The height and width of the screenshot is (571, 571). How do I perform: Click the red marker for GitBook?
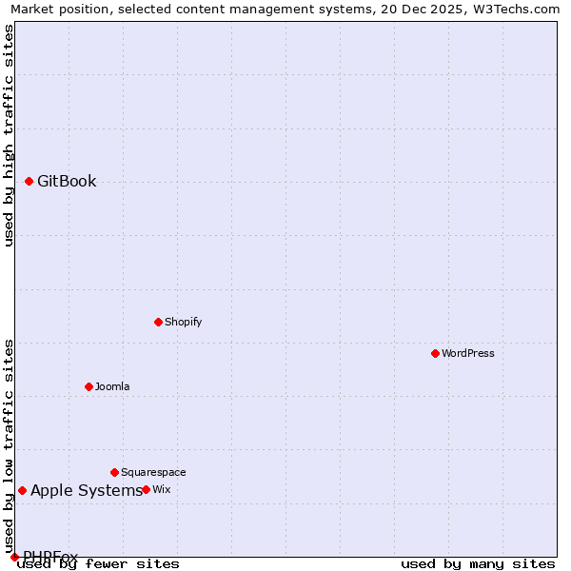30,181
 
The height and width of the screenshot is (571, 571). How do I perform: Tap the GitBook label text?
67,182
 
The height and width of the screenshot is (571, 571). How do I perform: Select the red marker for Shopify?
158,322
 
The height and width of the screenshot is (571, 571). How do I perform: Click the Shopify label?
183,322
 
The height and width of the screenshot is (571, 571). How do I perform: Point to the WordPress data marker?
435,353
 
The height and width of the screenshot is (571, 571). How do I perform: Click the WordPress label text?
467,353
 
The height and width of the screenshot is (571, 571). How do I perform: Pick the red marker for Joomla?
89,386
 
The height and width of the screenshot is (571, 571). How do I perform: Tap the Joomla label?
112,386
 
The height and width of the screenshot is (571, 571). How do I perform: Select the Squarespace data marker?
114,472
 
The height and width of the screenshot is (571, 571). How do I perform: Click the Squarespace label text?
153,472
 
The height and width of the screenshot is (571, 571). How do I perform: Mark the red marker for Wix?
146,489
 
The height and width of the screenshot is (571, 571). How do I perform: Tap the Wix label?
162,489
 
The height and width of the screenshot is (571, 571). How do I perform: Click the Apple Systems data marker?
22,490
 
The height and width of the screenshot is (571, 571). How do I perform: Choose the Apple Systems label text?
86,491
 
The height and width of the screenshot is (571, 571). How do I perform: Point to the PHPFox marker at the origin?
14,557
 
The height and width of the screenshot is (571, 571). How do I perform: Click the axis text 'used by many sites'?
478,564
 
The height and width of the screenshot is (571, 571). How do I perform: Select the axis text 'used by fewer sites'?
98,564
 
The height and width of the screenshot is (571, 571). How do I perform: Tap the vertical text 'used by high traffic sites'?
9,135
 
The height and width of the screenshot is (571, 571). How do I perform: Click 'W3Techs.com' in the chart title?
513,10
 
